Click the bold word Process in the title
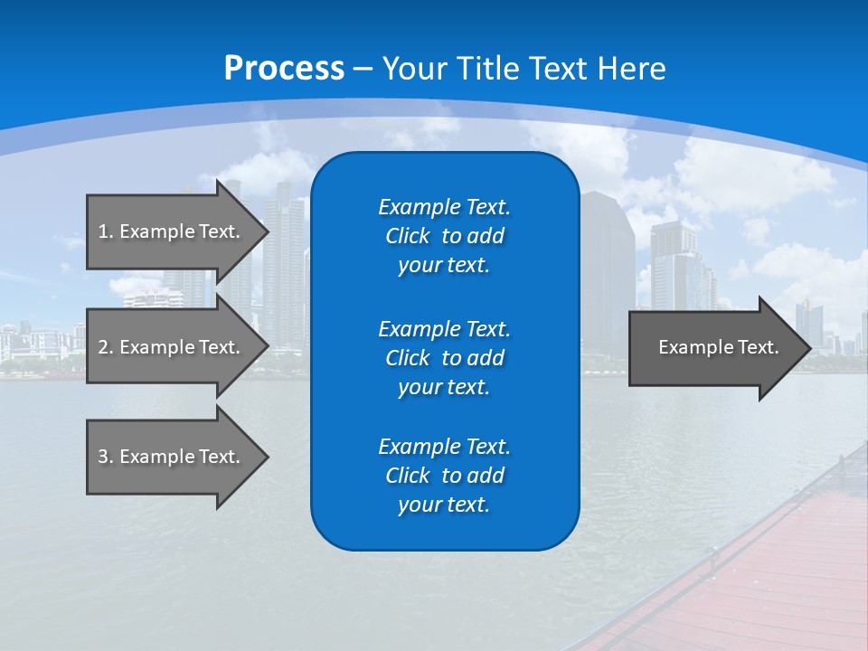284,69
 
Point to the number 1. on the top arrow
106,231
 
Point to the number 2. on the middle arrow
106,347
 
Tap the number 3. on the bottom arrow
106,457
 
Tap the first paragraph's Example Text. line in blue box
444,207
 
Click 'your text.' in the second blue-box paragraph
444,387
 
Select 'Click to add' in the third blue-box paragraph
444,476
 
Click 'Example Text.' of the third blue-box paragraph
444,447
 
